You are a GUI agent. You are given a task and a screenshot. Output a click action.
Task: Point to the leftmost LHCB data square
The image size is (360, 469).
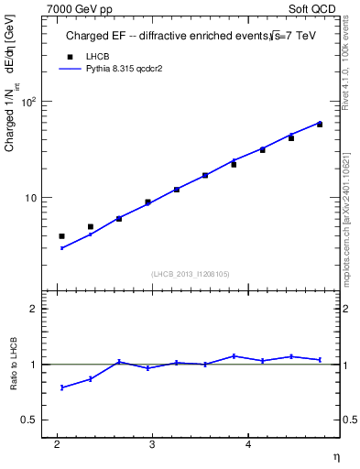[x=62, y=236]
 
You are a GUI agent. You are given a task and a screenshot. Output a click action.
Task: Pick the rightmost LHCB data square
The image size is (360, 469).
[x=320, y=124]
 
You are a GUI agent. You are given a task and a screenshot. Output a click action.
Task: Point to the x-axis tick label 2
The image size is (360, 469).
[x=58, y=445]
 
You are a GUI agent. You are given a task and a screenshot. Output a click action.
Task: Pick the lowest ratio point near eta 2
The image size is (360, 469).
[x=62, y=387]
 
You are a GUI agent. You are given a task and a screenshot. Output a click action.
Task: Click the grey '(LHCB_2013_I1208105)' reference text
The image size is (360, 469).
[x=190, y=274]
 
